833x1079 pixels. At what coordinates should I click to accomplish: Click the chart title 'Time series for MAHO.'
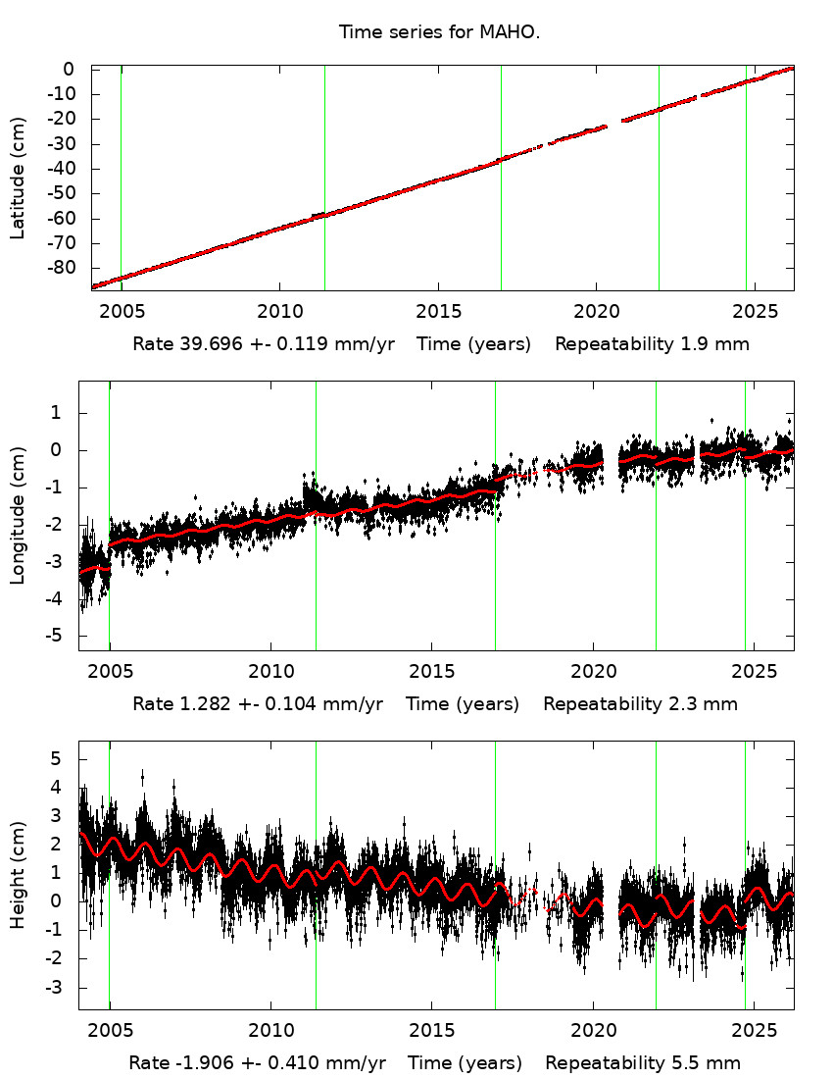(x=439, y=32)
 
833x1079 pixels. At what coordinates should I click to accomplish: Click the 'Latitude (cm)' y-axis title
(x=18, y=179)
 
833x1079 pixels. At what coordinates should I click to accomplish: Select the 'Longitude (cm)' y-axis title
(x=18, y=516)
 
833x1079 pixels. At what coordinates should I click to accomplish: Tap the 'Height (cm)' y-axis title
(x=18, y=876)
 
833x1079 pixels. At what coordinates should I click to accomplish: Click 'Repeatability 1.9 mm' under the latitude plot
(x=654, y=344)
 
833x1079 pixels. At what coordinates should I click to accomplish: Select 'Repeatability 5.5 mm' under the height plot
(x=643, y=1063)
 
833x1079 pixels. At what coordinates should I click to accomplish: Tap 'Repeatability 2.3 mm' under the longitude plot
(x=640, y=703)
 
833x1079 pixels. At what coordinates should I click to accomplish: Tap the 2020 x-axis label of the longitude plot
(x=593, y=671)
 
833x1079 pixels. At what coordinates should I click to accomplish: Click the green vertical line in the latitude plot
(x=659, y=177)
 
